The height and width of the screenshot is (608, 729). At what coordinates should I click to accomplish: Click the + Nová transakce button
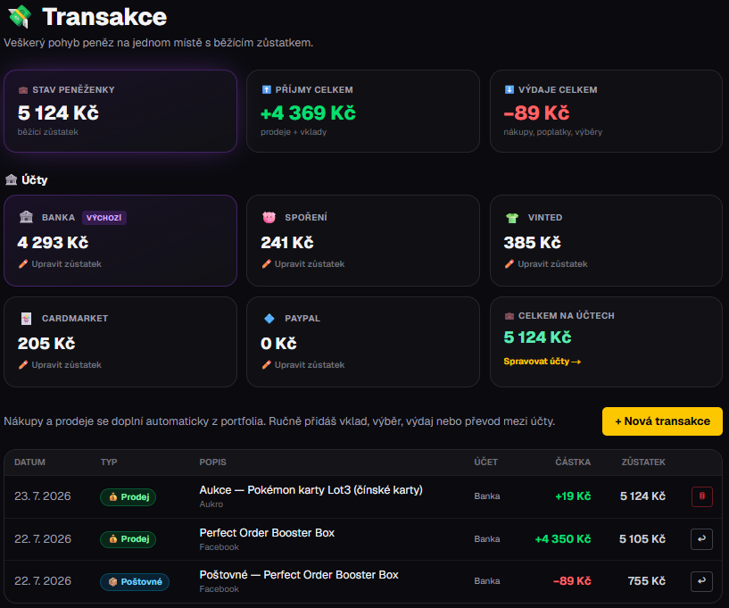click(662, 421)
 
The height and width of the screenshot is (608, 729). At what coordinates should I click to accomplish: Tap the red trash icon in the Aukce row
click(701, 496)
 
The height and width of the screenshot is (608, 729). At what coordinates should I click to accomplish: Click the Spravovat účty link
click(543, 362)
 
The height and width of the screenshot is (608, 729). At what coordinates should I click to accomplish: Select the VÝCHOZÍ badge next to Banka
click(104, 218)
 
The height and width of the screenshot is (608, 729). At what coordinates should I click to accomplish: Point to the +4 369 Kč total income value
click(308, 113)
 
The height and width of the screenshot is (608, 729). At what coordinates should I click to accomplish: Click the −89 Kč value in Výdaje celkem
click(536, 113)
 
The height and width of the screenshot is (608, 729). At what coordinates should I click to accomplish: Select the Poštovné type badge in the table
click(135, 581)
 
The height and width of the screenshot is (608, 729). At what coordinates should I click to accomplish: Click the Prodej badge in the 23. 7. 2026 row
click(128, 496)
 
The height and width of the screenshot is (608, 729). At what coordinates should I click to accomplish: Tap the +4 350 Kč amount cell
click(562, 539)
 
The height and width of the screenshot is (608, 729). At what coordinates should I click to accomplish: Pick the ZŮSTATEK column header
click(643, 462)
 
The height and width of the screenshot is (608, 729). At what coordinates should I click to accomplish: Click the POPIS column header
click(212, 462)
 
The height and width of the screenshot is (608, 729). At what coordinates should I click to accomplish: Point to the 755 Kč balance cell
click(646, 581)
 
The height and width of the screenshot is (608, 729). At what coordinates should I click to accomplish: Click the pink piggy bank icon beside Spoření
click(269, 217)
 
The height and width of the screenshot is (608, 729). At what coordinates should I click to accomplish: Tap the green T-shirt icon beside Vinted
click(512, 218)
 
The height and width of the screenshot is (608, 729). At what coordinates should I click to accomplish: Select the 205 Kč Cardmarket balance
click(46, 344)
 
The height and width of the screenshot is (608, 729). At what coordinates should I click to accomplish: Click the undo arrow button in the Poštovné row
click(701, 581)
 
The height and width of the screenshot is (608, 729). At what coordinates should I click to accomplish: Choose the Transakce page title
click(104, 17)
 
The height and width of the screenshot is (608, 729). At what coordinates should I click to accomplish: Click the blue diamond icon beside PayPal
click(269, 318)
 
